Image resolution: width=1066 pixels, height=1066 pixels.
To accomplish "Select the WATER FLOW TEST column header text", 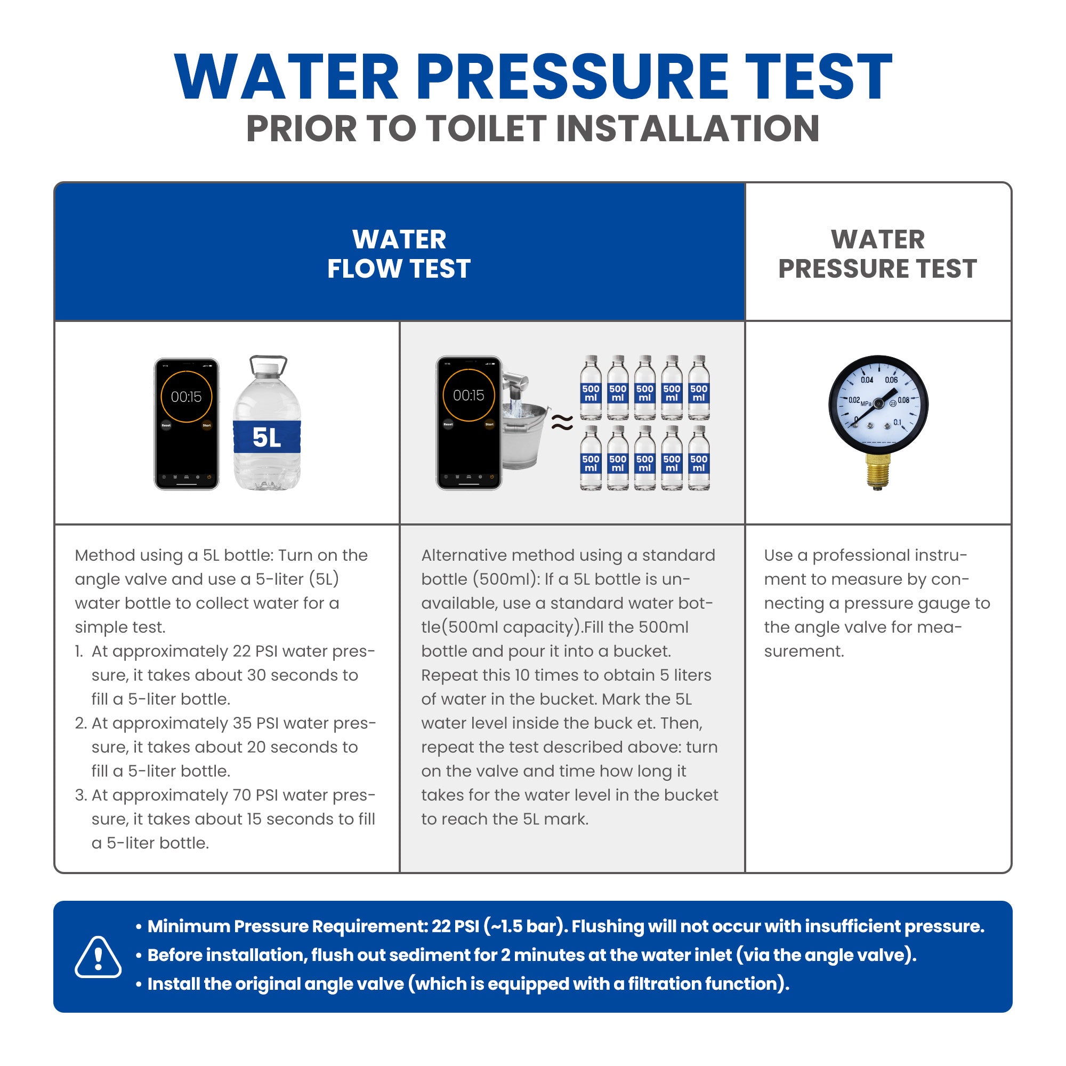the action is (x=399, y=254).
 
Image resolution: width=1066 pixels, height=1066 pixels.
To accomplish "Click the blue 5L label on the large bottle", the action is (x=267, y=437).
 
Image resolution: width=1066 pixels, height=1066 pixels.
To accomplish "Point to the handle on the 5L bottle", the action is (x=269, y=364).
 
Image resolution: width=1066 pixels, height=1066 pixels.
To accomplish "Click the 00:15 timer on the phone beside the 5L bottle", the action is (x=186, y=397).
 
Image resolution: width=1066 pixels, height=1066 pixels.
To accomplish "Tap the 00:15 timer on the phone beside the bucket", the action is (x=469, y=395).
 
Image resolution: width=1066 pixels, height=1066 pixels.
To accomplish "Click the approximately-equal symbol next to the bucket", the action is (x=562, y=423).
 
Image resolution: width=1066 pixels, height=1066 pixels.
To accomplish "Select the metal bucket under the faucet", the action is (x=524, y=435).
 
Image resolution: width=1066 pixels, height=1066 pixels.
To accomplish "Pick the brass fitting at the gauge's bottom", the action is (x=878, y=472).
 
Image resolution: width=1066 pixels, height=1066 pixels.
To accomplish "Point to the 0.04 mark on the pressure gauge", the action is (x=867, y=379).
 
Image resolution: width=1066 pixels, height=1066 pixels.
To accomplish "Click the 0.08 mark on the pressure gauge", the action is (x=903, y=400).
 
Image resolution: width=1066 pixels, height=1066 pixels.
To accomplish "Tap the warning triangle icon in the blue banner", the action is (x=98, y=957).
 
